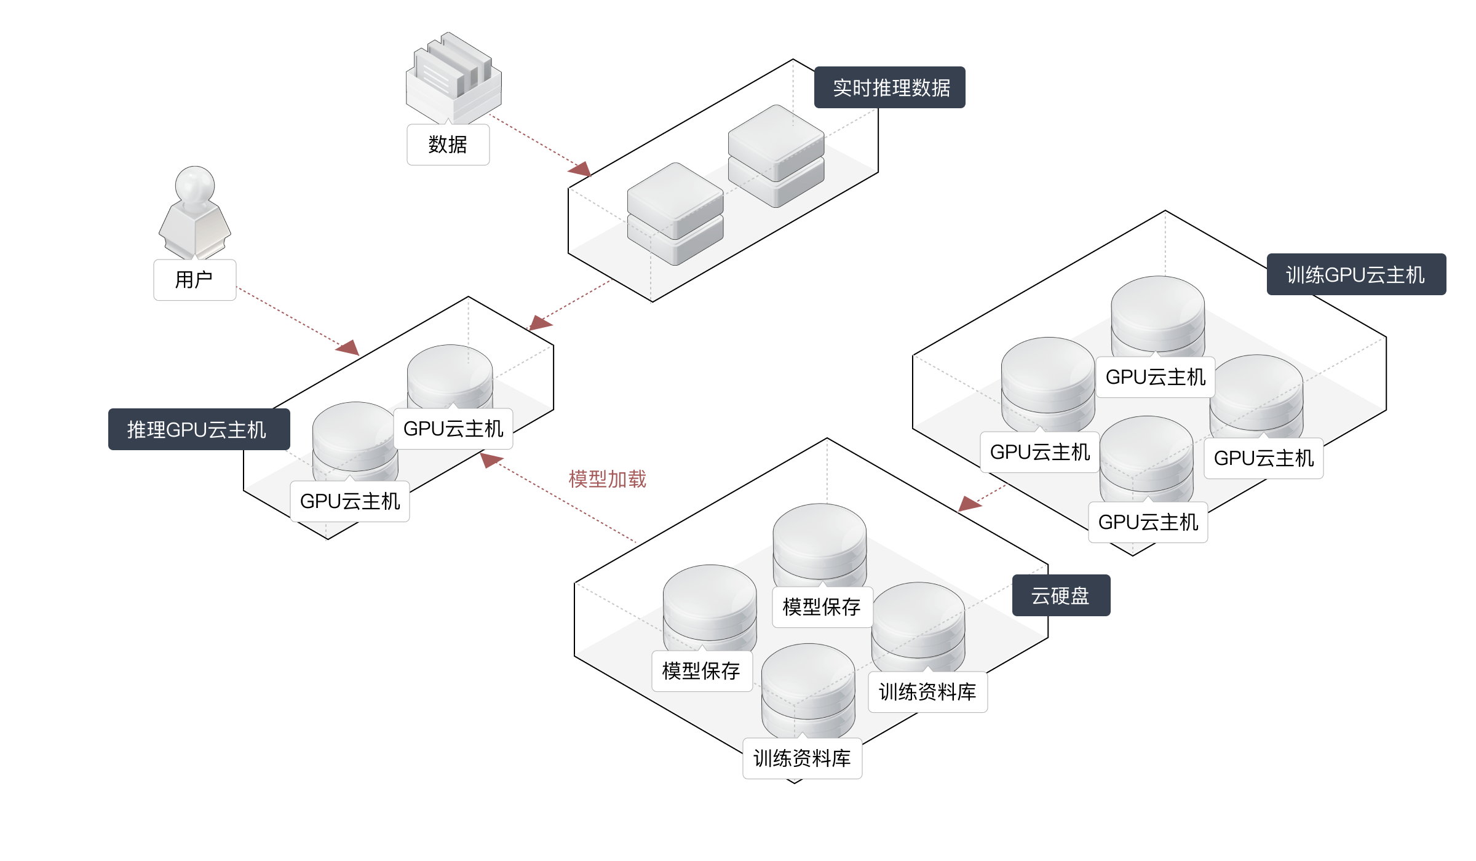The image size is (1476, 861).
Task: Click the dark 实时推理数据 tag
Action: [x=889, y=87]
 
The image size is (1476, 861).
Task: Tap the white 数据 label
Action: [x=448, y=145]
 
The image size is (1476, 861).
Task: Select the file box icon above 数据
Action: [x=453, y=77]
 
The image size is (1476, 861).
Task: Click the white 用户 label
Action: [x=194, y=280]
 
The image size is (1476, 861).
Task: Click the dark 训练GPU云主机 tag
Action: [x=1355, y=274]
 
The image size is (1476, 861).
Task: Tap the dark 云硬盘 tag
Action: [x=1061, y=595]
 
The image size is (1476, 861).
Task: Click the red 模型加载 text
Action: [x=607, y=478]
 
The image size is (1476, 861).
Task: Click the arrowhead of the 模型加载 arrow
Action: [x=490, y=459]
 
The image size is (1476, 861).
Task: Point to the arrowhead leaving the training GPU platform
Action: [x=968, y=504]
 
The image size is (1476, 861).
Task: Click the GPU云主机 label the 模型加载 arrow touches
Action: [x=453, y=429]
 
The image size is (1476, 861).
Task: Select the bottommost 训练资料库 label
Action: [x=802, y=758]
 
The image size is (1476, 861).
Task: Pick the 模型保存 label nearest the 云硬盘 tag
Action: [x=822, y=607]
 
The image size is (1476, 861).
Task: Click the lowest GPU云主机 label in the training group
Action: [x=1148, y=522]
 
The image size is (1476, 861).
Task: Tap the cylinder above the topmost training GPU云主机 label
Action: [x=1157, y=314]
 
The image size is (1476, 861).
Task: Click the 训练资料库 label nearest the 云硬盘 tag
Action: [x=927, y=692]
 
